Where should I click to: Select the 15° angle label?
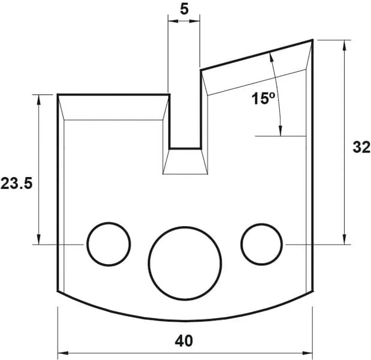click(263, 98)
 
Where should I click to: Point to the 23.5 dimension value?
click(16, 184)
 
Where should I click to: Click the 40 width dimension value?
click(184, 341)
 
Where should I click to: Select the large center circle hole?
click(185, 262)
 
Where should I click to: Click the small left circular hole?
click(108, 244)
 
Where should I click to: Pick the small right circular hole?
click(262, 244)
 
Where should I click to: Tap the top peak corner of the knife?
click(313, 40)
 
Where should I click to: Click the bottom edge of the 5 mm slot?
click(185, 148)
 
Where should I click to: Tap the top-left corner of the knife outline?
click(58, 95)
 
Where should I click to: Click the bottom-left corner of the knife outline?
click(58, 292)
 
